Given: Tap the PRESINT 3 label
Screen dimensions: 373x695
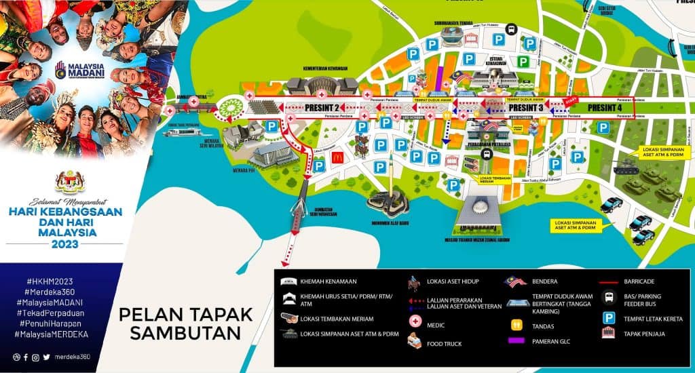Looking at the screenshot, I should pos(525,107).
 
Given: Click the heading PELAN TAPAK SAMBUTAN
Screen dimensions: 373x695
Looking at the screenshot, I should pos(185,323).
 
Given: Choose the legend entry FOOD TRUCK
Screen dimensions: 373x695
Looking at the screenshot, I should pos(444,344).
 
